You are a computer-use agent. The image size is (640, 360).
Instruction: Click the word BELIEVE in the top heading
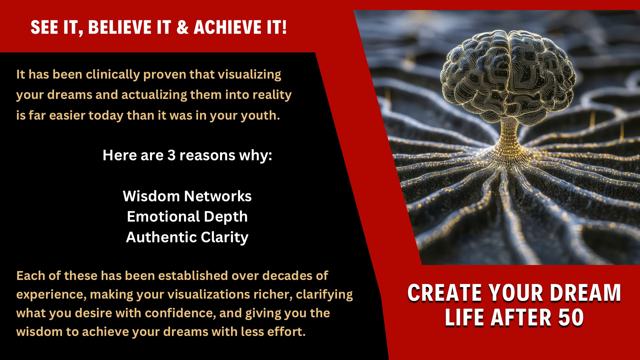click(x=119, y=27)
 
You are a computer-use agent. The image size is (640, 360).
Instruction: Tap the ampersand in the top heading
click(x=182, y=27)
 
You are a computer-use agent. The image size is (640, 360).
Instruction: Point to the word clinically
click(x=113, y=75)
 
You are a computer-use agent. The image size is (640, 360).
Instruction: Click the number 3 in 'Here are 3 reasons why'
click(x=171, y=155)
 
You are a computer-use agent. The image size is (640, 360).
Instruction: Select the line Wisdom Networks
click(x=187, y=196)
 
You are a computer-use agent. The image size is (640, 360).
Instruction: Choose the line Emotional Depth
click(x=187, y=217)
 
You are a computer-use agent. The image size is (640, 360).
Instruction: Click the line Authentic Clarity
click(x=187, y=237)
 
